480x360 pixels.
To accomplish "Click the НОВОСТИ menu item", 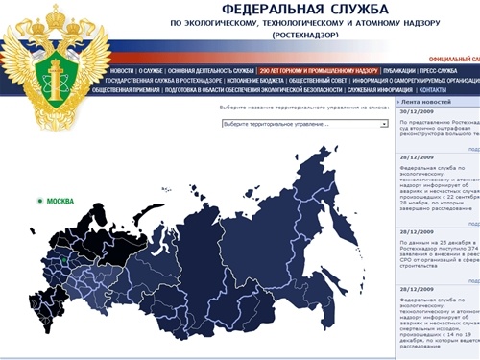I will [x=122, y=71].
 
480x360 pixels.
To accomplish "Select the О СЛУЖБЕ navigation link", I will [x=151, y=71].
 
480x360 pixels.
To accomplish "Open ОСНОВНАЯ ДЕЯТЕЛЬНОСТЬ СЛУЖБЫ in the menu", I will [x=210, y=71].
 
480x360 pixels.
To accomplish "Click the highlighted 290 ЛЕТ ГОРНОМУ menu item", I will [x=305, y=71].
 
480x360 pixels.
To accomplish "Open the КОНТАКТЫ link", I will [x=446, y=90].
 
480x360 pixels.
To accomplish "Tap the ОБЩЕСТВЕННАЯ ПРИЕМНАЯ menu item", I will [x=127, y=90].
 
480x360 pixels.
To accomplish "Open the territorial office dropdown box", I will [x=303, y=124].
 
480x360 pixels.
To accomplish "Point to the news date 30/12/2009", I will [x=418, y=112].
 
